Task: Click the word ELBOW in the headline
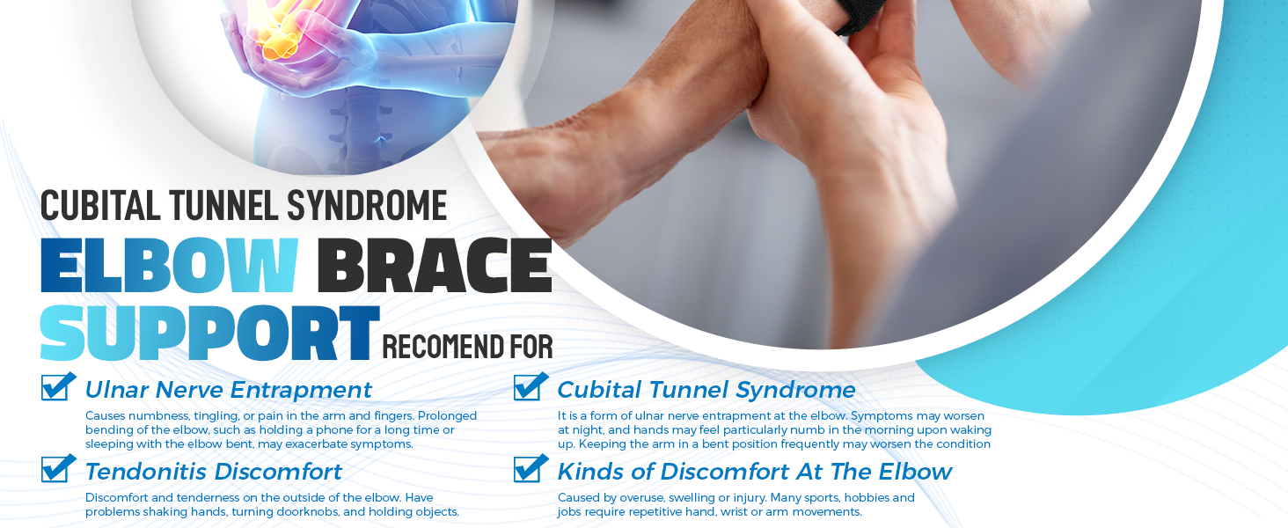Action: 169,265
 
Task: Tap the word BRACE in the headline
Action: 435,265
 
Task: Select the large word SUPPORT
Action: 210,333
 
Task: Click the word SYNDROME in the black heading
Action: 367,205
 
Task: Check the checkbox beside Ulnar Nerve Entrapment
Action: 58,386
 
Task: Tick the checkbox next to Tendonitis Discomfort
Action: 58,468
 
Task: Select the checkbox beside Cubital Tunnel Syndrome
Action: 531,386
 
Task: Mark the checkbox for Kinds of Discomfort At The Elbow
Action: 531,468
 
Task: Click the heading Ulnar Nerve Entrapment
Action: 228,390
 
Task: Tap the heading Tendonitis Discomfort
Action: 213,472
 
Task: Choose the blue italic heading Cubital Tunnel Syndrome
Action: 706,390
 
